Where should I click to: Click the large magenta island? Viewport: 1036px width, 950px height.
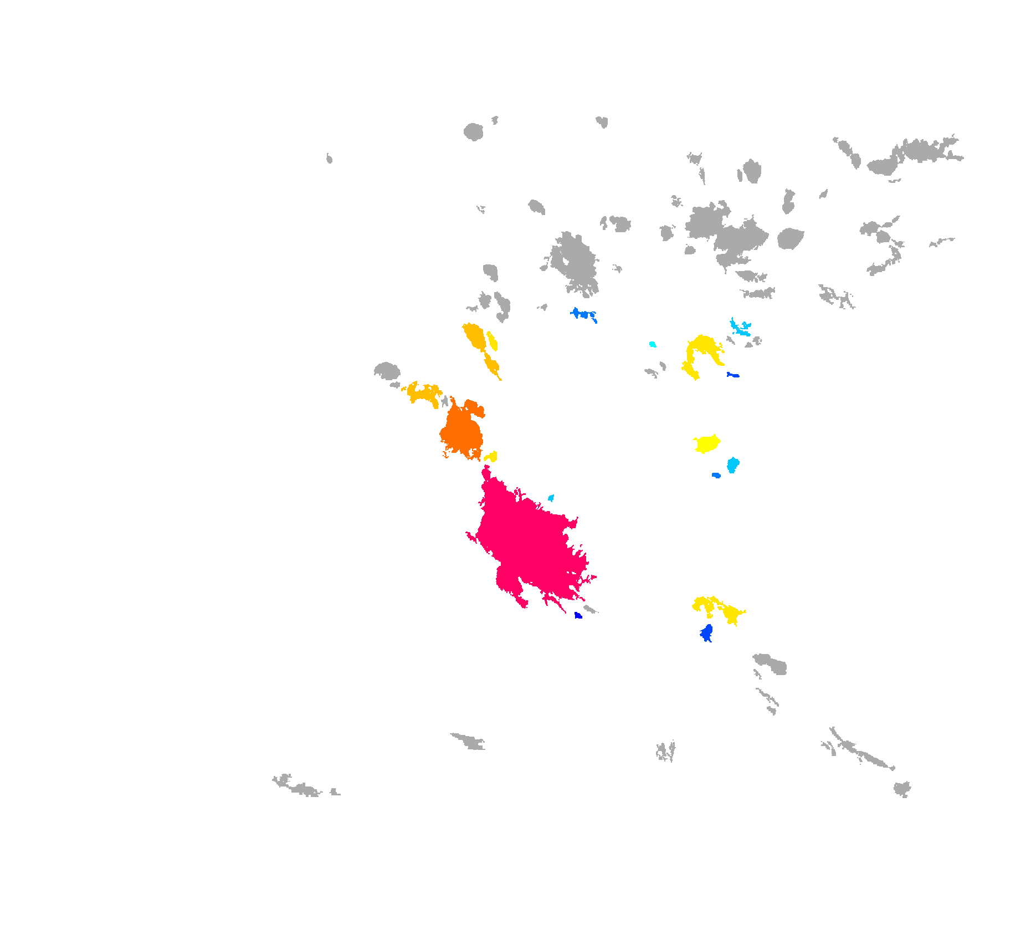coord(526,543)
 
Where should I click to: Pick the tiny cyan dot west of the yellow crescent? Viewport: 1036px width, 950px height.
coord(653,345)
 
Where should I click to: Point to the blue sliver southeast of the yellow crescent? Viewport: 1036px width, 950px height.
coord(733,375)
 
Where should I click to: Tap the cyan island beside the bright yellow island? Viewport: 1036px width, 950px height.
coord(733,464)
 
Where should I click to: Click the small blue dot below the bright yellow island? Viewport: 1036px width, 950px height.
coord(716,476)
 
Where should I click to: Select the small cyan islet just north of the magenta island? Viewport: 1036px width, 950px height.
coord(551,498)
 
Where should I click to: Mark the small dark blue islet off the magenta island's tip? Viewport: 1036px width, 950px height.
coord(578,615)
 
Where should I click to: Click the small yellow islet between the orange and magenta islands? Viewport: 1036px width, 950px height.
coord(491,457)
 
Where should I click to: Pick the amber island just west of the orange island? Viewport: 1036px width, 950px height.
coord(424,394)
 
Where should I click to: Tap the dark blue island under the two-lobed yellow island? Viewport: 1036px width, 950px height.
coord(706,632)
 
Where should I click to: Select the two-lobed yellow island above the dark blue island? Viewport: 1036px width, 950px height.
coord(717,609)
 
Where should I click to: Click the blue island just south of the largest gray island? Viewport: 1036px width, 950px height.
coord(583,314)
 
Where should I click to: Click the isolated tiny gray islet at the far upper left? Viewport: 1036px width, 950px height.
coord(329,159)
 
